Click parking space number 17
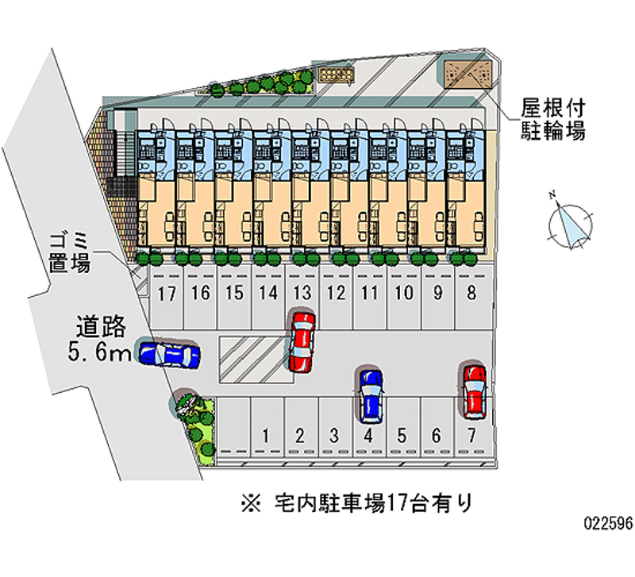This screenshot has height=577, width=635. pos(166,294)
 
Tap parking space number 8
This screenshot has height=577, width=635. pos(471,293)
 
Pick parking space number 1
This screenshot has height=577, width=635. pos(267,435)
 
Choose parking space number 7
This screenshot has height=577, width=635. pos(471,435)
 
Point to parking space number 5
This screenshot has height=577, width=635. pos(402,435)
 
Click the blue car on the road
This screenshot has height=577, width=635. pos(168,354)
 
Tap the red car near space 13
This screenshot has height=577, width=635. pos(302,341)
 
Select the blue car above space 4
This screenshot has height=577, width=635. pos(370,394)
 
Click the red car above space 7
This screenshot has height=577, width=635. pos(474,390)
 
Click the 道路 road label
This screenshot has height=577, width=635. pos(101,327)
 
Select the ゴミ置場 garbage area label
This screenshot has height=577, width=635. pos(68,252)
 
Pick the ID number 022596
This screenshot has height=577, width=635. pos(607,525)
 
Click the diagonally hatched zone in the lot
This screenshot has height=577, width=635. pos(252,360)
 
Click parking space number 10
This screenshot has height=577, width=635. pos(404,293)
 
